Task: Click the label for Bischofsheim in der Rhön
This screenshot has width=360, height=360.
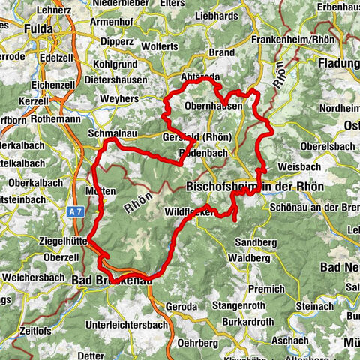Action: [x=253, y=184]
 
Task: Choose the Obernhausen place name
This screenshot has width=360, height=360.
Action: [x=213, y=106]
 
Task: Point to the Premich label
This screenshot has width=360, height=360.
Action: [x=267, y=288]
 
